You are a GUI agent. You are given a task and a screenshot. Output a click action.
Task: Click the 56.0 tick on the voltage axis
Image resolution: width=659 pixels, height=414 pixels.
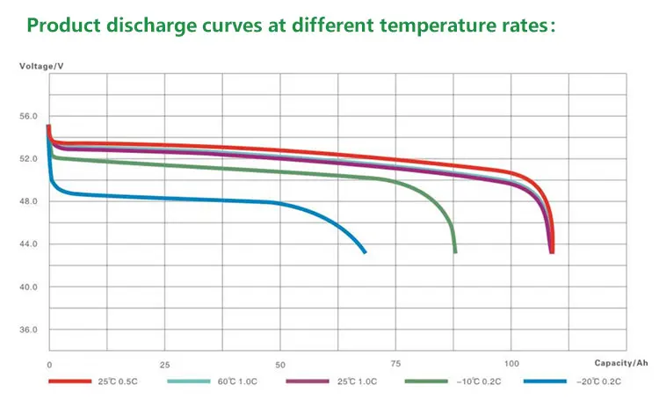pyautogui.click(x=29, y=117)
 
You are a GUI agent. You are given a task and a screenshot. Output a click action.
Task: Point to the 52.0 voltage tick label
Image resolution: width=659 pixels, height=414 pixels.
pyautogui.click(x=29, y=159)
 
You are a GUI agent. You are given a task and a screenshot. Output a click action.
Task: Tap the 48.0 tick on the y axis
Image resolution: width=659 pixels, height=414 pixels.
pyautogui.click(x=29, y=202)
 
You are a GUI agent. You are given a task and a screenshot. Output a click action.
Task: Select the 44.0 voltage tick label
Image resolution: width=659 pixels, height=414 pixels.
pyautogui.click(x=29, y=244)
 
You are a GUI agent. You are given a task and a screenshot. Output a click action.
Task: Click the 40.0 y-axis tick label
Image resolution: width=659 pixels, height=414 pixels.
pyautogui.click(x=29, y=287)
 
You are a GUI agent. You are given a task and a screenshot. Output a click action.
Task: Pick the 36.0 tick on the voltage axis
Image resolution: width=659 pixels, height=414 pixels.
pyautogui.click(x=29, y=330)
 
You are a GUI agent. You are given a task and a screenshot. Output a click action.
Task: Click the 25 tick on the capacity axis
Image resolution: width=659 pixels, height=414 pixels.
pyautogui.click(x=164, y=364)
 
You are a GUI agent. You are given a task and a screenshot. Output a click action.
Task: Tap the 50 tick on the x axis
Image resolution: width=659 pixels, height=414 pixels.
pyautogui.click(x=280, y=364)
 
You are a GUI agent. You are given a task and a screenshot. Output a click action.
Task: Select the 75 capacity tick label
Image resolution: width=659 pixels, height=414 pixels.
pyautogui.click(x=396, y=364)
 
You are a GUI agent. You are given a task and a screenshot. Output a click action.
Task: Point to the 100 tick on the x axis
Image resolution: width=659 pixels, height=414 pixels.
pyautogui.click(x=511, y=364)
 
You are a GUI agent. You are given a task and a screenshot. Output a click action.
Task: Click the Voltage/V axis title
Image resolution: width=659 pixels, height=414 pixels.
pyautogui.click(x=40, y=67)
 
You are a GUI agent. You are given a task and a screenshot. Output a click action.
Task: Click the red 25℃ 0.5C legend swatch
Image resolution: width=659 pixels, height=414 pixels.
pyautogui.click(x=70, y=381)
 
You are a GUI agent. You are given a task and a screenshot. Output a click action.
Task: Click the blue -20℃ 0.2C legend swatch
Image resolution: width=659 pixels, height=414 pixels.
pyautogui.click(x=545, y=381)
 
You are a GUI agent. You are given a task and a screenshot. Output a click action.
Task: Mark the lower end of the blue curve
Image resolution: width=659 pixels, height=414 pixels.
pyautogui.click(x=365, y=252)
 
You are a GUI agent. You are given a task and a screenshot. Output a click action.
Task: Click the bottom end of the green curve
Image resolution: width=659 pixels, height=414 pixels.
pyautogui.click(x=455, y=252)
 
